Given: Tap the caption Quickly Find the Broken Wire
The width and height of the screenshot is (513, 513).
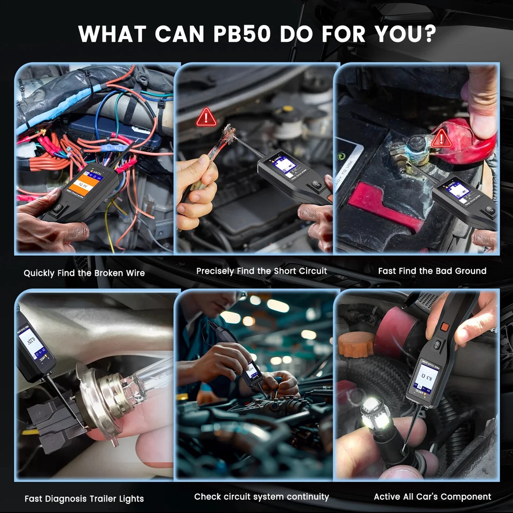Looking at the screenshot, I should point(84,273).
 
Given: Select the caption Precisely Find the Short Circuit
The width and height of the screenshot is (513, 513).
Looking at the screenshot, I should point(261,271).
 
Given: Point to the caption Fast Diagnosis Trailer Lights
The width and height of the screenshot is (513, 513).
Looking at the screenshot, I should point(84,499).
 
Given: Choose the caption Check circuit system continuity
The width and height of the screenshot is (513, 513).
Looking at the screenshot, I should point(261,496).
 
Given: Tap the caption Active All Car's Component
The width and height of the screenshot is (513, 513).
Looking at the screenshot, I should point(432,496).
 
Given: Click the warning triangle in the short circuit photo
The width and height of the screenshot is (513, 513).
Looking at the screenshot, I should point(206,117).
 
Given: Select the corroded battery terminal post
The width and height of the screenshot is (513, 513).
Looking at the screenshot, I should point(414,146).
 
